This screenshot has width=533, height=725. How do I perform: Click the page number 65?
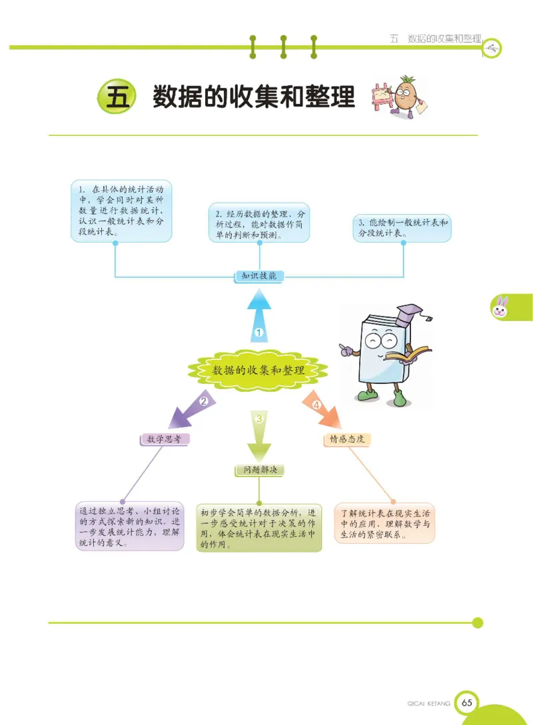[x=466, y=703]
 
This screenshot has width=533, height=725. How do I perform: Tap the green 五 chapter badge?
[x=117, y=97]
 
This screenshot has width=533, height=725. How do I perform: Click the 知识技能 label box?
[x=259, y=276]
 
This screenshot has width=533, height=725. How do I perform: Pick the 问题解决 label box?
[x=260, y=470]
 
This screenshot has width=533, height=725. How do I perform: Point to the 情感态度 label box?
[x=346, y=439]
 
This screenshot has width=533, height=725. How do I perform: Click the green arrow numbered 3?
[x=260, y=433]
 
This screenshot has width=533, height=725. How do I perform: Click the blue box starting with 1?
[x=121, y=211]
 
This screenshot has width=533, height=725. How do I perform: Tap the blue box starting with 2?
[x=259, y=223]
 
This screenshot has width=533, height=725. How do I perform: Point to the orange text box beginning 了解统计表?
[x=384, y=523]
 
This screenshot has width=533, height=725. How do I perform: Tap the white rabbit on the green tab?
[x=500, y=307]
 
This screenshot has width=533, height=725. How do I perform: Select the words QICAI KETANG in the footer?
[x=428, y=703]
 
